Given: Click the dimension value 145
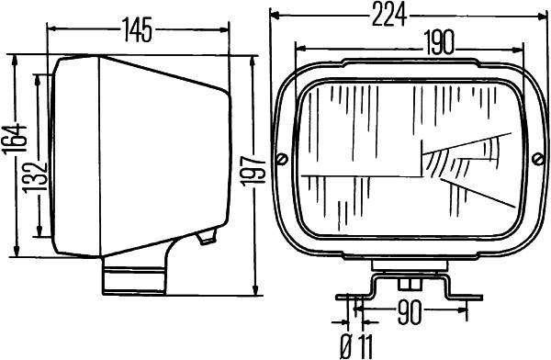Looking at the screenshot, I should pyautogui.click(x=137, y=31).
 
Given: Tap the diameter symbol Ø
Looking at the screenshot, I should pyautogui.click(x=346, y=347).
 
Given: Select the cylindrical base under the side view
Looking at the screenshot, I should pyautogui.click(x=133, y=276).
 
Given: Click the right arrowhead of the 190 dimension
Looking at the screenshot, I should pyautogui.click(x=519, y=42).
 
